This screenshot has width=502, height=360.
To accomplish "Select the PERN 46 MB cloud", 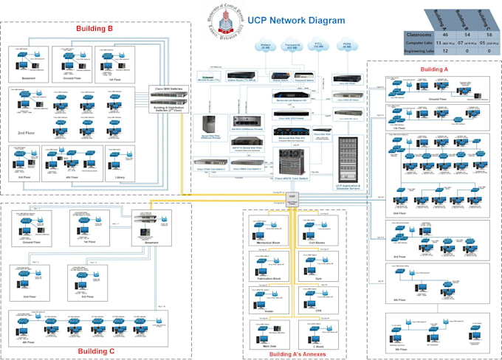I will (346, 46).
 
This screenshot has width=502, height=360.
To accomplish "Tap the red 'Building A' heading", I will (433, 69).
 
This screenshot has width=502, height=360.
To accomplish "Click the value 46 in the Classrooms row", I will (445, 35).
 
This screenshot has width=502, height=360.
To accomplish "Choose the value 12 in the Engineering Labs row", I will (445, 52).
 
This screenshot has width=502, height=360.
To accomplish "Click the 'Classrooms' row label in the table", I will (418, 35).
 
